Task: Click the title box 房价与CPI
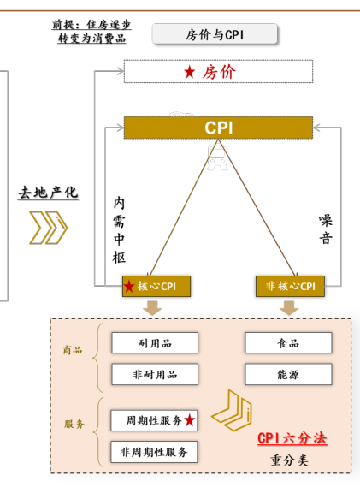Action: point(215,34)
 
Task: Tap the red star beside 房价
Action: point(190,72)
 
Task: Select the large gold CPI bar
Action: point(218,128)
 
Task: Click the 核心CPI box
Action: point(156,286)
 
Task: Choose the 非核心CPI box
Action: point(290,286)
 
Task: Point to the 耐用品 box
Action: point(155,342)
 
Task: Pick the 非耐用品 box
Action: point(155,374)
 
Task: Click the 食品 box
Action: point(288,342)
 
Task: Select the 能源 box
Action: point(288,374)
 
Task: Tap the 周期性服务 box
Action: point(154,420)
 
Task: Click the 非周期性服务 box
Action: point(154,452)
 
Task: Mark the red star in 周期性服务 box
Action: point(190,420)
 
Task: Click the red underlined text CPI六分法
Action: point(292,438)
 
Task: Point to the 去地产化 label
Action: point(48,193)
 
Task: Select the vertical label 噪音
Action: point(326,229)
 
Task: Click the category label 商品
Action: point(73,349)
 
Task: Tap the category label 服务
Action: point(74,424)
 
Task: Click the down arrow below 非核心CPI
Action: point(289,308)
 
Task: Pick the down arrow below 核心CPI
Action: point(152,308)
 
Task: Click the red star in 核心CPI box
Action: point(129,287)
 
